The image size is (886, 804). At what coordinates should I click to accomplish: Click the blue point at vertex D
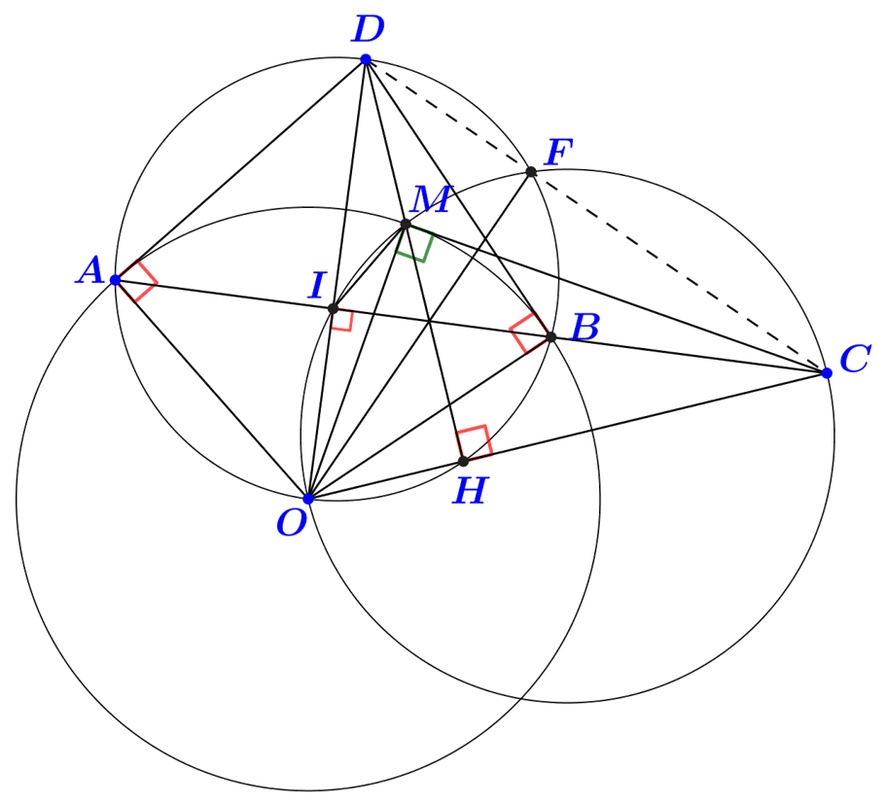[366, 60]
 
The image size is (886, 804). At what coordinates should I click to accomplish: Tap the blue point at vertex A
[115, 280]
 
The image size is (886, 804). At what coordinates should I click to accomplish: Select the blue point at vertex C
[827, 373]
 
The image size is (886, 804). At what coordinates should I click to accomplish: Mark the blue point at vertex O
[308, 499]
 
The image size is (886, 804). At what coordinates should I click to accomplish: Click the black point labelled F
[531, 172]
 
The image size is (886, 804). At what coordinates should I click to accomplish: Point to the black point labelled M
[406, 225]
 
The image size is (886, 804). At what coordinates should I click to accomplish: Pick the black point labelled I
[333, 309]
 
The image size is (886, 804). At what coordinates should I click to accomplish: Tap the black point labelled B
[550, 337]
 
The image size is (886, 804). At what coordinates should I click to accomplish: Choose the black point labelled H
[463, 461]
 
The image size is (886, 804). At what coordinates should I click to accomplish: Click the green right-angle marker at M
[415, 245]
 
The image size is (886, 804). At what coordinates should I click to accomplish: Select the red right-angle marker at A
[137, 281]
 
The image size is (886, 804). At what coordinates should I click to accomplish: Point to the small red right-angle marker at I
[341, 320]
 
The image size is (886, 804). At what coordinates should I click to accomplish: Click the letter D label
[368, 30]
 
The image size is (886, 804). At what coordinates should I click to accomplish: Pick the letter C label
[854, 360]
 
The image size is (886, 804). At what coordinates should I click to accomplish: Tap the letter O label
[291, 525]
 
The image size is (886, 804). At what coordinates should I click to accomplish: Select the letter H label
[470, 492]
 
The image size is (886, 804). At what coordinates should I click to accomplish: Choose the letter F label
[558, 154]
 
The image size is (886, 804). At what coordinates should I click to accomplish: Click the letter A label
[90, 271]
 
